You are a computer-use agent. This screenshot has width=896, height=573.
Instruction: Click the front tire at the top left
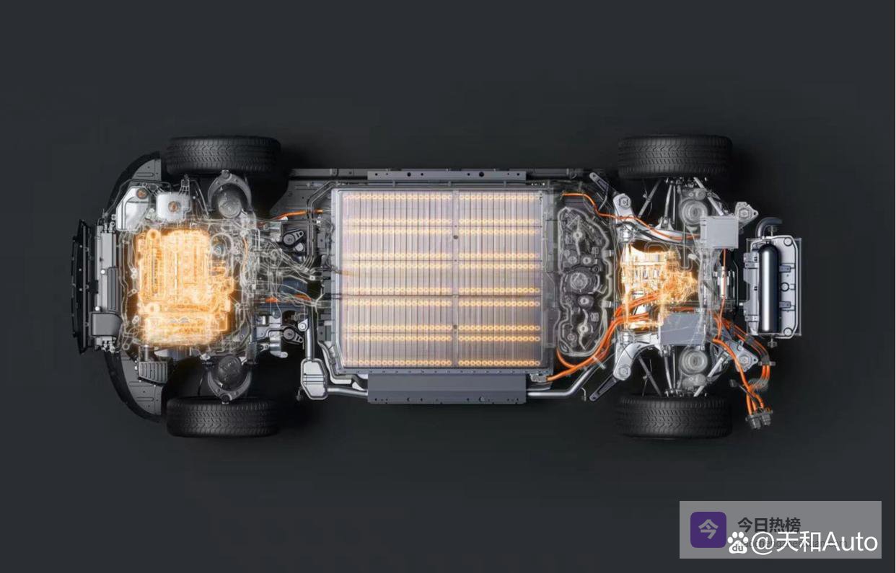(x=222, y=156)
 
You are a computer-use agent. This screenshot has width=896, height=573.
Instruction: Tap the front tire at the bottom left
(x=222, y=417)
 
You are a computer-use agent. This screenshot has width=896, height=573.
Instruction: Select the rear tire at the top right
(x=675, y=156)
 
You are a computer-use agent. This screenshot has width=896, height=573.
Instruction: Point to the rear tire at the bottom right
(x=675, y=416)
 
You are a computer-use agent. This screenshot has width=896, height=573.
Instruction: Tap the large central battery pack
(x=440, y=280)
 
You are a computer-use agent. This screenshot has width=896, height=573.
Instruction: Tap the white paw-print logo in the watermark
(x=739, y=542)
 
